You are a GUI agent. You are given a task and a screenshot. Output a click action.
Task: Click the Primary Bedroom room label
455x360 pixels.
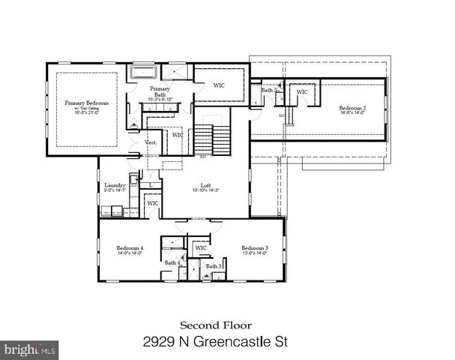tap(87, 102)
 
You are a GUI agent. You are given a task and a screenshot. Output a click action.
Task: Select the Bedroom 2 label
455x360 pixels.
tap(352, 107)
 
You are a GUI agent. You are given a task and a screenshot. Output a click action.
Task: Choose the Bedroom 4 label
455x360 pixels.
tap(130, 247)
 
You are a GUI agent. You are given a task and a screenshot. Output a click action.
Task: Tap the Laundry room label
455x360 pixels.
tap(114, 185)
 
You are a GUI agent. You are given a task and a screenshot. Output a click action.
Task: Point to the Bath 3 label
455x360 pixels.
tap(214, 266)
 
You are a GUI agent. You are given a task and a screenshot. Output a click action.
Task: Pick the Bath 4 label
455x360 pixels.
tap(172, 262)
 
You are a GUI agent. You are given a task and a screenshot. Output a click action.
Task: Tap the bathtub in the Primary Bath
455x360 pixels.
tap(142, 73)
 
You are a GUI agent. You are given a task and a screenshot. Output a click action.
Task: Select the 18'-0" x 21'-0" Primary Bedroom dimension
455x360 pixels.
tap(87, 115)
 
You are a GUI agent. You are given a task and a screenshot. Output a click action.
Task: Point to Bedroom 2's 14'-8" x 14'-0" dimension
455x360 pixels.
tap(352, 113)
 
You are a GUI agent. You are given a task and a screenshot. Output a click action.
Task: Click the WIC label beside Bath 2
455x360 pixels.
tap(302, 92)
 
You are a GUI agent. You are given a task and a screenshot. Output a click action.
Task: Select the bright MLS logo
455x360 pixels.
tap(29, 349)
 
